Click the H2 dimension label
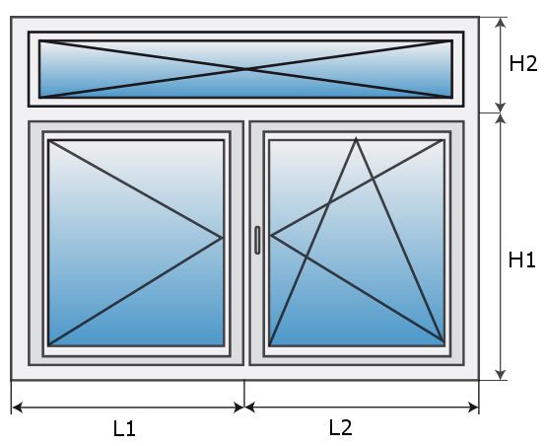(523, 64)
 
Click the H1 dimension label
(521, 260)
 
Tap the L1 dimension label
(124, 428)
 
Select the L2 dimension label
(341, 427)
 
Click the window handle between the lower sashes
(257, 240)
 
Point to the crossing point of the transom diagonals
(246, 69)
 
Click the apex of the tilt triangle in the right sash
(356, 138)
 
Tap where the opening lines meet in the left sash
(222, 238)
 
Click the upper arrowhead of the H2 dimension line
(501, 23)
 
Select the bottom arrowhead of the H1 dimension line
(501, 375)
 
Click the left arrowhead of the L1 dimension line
(18, 408)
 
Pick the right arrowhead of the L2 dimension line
(473, 408)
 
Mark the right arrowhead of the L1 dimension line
(239, 408)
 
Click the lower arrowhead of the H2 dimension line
(501, 108)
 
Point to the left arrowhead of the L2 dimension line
(250, 408)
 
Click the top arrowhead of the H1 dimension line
(501, 118)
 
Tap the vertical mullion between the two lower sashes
(246, 243)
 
